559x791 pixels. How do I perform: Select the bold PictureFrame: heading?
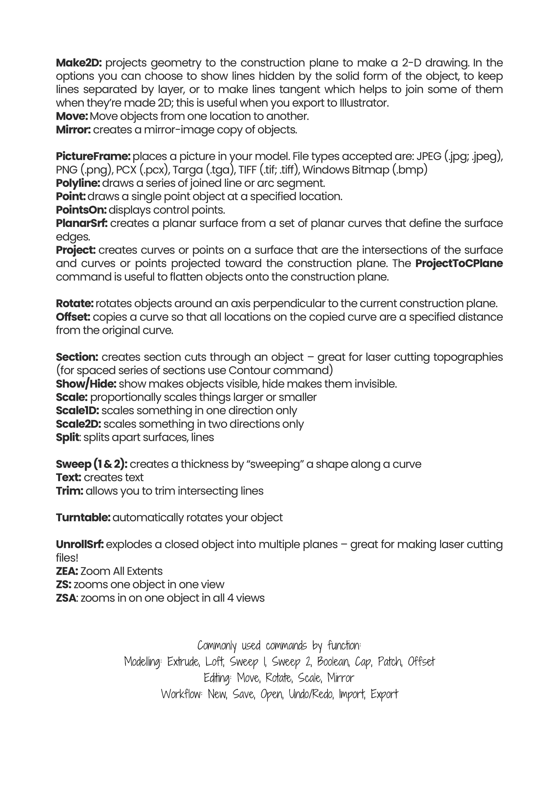pos(93,156)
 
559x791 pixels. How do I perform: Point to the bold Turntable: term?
pos(83,518)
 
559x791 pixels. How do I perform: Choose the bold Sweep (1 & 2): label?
pos(92,464)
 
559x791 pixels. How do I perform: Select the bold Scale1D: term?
pos(78,411)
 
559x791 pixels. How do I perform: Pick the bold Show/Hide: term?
pos(86,384)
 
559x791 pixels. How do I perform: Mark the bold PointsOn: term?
pos(81,210)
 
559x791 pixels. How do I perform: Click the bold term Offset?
pos(73,317)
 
